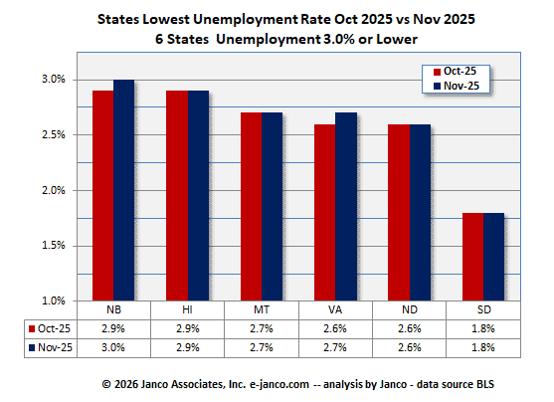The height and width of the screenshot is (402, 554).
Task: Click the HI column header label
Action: tap(188, 309)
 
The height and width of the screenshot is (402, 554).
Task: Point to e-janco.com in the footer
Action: tap(257, 383)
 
